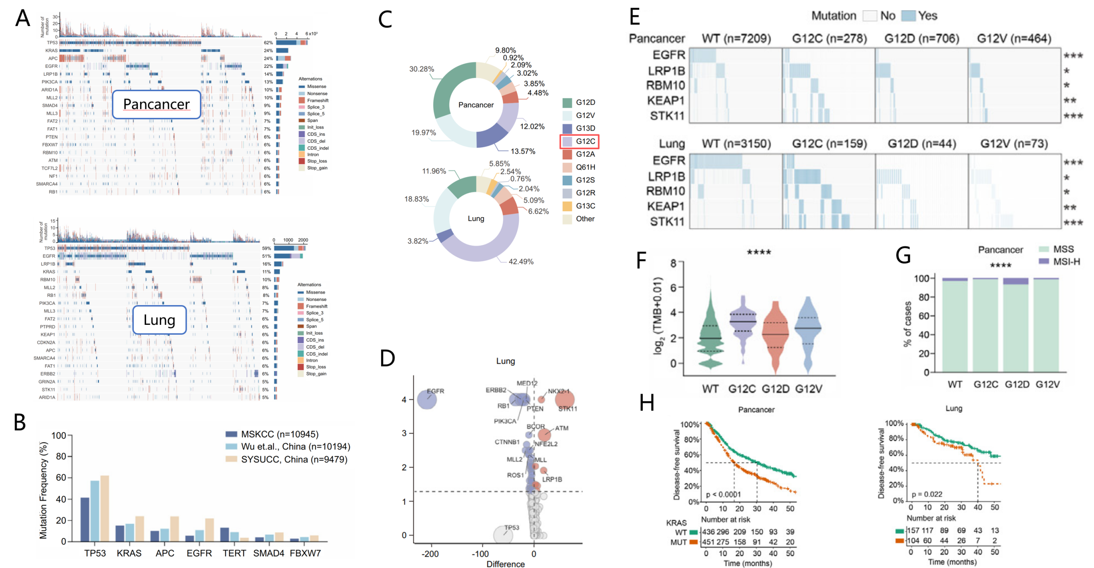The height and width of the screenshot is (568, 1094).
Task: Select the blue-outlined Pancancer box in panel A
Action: click(156, 104)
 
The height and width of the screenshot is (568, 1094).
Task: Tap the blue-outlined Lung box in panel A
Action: click(159, 320)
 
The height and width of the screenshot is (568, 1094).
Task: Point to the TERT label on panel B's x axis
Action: click(234, 553)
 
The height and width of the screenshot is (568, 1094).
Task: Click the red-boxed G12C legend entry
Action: click(579, 141)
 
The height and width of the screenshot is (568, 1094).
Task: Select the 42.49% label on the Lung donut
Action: click(521, 262)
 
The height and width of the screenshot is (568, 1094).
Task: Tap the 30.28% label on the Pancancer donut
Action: click(421, 69)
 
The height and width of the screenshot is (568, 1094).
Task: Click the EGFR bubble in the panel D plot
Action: click(426, 400)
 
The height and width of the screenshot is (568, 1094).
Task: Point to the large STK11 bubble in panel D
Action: click(565, 400)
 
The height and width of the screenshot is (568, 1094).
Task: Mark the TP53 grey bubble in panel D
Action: click(503, 535)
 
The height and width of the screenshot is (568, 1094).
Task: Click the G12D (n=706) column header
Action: click(921, 39)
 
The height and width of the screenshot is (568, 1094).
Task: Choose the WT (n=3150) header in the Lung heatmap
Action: click(736, 144)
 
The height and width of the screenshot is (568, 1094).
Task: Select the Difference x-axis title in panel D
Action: click(505, 564)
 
